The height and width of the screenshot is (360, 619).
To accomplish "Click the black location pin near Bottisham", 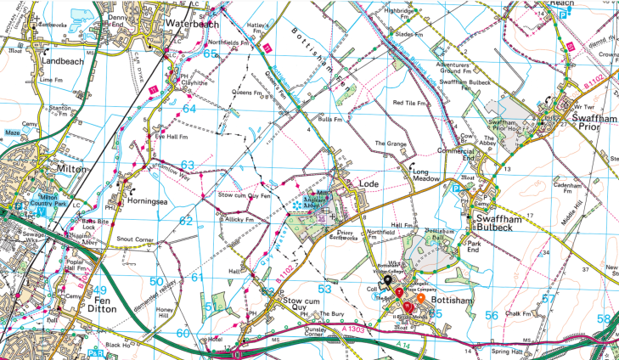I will (x=386, y=279).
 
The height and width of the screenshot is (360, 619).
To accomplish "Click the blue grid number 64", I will (x=189, y=109).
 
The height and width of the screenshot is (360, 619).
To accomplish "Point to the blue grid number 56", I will (x=491, y=314).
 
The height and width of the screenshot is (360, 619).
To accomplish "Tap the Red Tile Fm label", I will (x=408, y=103).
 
